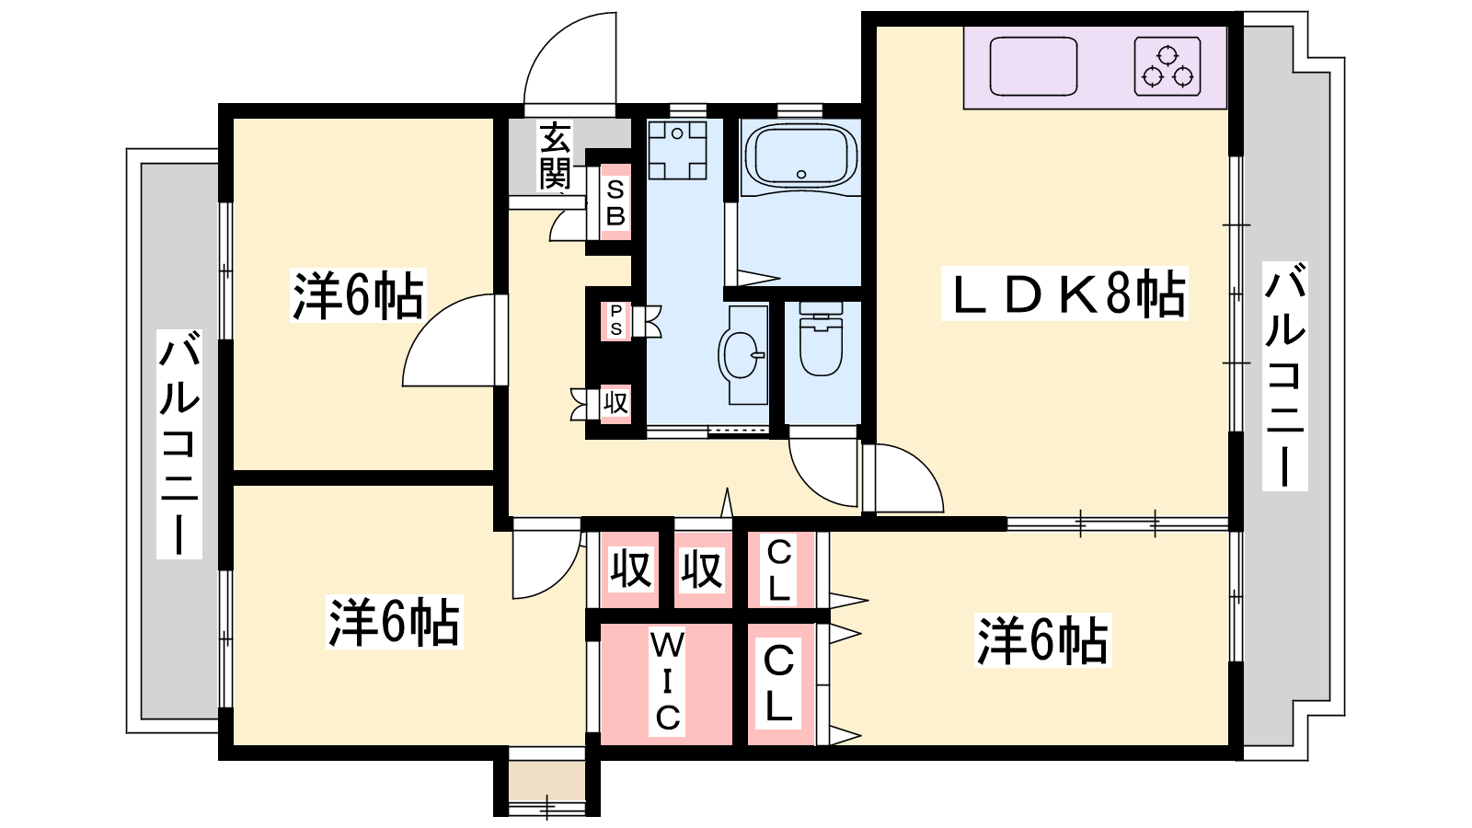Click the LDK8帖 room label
[x=1064, y=293]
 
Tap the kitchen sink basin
[x=1033, y=66]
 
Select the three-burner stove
[x=1167, y=66]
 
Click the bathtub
[x=799, y=155]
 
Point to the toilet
[x=821, y=339]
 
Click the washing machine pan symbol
[x=677, y=150]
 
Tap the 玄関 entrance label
[x=556, y=155]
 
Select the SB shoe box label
[x=615, y=203]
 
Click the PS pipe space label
[x=615, y=320]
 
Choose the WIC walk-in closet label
[x=667, y=682]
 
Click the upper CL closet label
[x=778, y=570]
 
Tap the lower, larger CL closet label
[x=778, y=684]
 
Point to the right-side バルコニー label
[x=1284, y=376]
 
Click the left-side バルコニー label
[x=178, y=444]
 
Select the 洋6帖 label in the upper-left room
[x=358, y=295]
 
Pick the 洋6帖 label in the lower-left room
[x=395, y=622]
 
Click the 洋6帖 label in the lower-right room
[x=1043, y=640]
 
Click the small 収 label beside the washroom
[x=615, y=402]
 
